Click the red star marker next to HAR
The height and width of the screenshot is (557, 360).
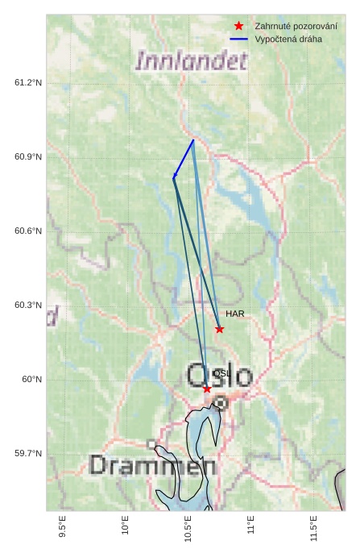219,329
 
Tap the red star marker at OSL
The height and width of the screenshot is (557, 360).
207,389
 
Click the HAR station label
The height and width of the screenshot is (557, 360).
235,314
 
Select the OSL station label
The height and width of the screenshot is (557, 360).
221,373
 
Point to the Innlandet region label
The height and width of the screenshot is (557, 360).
192,61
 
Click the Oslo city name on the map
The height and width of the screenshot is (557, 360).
220,375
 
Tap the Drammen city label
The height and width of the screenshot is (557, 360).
152,466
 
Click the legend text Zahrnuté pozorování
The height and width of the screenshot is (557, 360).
296,26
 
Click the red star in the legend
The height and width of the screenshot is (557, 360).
238,26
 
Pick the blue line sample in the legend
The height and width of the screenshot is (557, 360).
238,39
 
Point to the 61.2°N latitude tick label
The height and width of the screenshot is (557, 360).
28,82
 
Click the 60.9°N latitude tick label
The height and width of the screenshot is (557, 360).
28,156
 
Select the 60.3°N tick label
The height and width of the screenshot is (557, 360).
28,305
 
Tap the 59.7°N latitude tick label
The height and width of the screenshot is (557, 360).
28,453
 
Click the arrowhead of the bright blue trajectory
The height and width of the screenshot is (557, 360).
174,177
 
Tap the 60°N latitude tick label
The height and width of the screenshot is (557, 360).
31,379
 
